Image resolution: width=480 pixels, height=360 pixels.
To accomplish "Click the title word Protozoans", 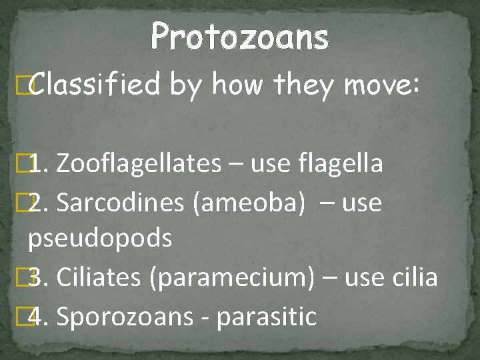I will [239, 37].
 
